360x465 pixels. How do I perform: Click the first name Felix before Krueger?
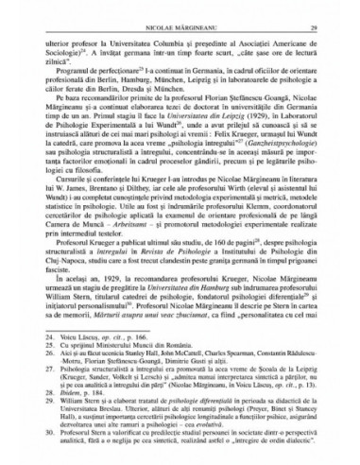(x=224, y=147)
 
